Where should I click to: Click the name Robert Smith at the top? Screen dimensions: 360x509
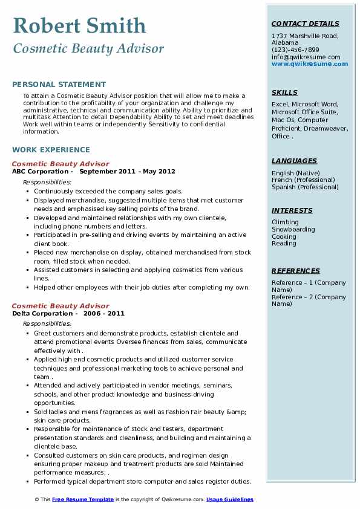pyautogui.click(x=79, y=25)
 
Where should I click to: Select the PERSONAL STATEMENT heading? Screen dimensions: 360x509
pyautogui.click(x=59, y=85)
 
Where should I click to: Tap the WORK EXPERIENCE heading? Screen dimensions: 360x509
pyautogui.click(x=51, y=150)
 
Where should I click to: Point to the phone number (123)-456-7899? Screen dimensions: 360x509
pyautogui.click(x=295, y=50)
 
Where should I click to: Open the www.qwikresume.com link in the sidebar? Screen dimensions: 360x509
pyautogui.click(x=306, y=64)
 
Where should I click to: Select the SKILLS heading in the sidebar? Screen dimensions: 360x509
pyautogui.click(x=284, y=93)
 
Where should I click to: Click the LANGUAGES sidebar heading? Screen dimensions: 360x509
pyautogui.click(x=294, y=161)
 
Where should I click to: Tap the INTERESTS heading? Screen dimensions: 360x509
pyautogui.click(x=292, y=211)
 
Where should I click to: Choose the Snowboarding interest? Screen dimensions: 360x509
pyautogui.click(x=293, y=230)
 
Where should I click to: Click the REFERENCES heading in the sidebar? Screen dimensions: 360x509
pyautogui.click(x=295, y=271)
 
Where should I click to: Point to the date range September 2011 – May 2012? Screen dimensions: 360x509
pyautogui.click(x=127, y=172)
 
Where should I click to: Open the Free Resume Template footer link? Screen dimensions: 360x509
pyautogui.click(x=83, y=500)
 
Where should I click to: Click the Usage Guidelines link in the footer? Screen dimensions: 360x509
pyautogui.click(x=230, y=500)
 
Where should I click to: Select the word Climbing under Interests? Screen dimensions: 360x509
pyautogui.click(x=285, y=222)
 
